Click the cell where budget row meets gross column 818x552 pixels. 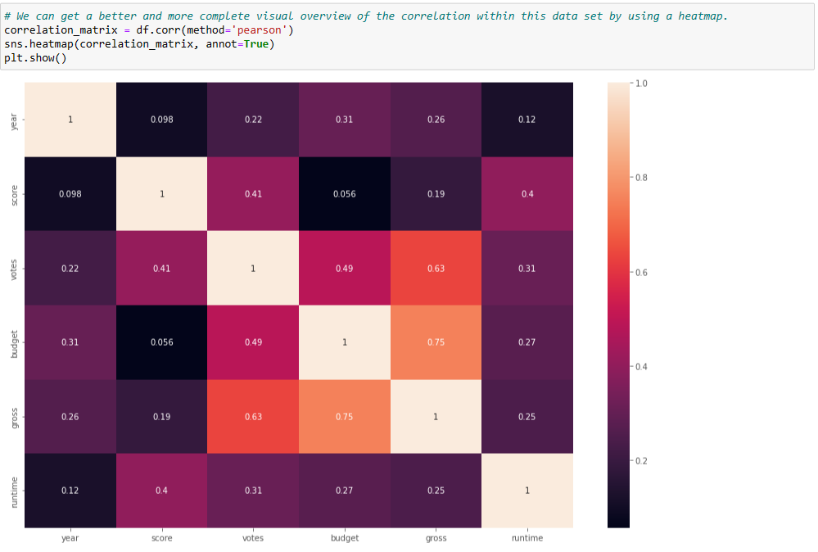click(x=436, y=342)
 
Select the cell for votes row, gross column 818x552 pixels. click(x=436, y=268)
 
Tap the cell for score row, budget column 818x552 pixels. click(x=344, y=194)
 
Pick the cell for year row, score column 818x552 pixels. click(x=161, y=120)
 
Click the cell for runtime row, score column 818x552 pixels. click(x=161, y=491)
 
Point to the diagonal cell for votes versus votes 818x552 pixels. click(x=253, y=268)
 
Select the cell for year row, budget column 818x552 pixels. click(x=344, y=120)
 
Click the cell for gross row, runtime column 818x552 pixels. click(x=527, y=416)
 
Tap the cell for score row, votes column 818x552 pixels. click(x=253, y=194)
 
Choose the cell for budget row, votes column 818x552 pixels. click(x=253, y=342)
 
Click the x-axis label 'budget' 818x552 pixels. click(x=344, y=538)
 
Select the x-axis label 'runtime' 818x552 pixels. click(x=527, y=538)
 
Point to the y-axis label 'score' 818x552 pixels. click(x=14, y=194)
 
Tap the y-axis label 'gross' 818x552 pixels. click(x=14, y=416)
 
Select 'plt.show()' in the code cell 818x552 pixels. click(x=35, y=57)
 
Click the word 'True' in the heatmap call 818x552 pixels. click(x=260, y=43)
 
